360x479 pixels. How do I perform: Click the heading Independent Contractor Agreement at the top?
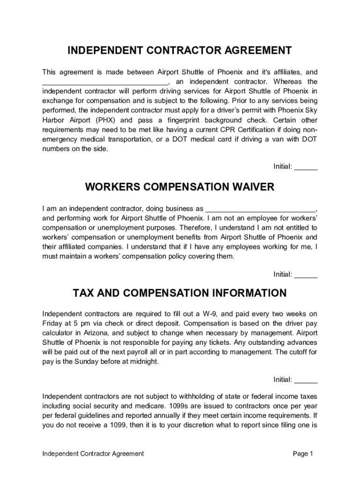pos(180,51)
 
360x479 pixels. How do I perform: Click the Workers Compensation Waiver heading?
pos(180,187)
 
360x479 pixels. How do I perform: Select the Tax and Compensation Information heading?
pos(180,293)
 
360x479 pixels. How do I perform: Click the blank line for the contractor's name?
pos(103,82)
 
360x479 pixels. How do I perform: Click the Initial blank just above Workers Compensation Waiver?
pos(306,167)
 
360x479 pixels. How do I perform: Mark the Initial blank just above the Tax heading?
pos(306,275)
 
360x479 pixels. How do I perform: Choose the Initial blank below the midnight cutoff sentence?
pos(306,380)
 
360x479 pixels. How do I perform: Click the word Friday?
pos(52,323)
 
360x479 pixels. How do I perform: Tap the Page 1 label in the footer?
pos(302,454)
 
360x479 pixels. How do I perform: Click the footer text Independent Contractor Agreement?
pos(93,454)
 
